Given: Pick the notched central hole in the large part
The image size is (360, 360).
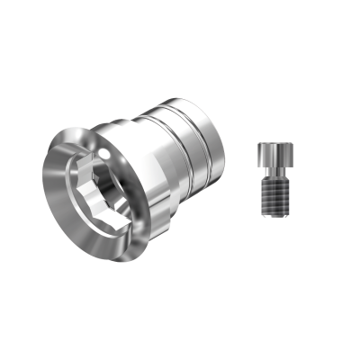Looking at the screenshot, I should [x=89, y=193].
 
